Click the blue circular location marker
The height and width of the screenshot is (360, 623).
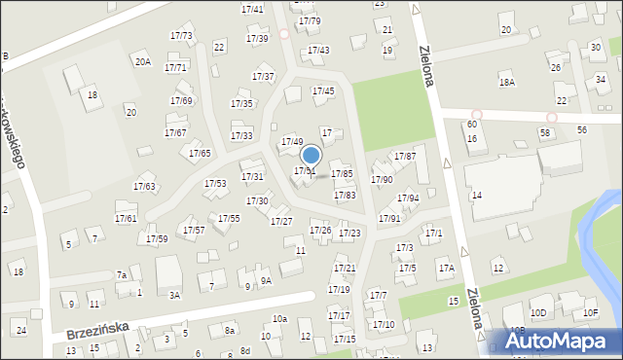point(311,155)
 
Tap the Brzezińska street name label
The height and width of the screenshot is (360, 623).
point(97,332)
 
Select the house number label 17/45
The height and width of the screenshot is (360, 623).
point(323,91)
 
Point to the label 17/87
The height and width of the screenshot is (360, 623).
point(404,157)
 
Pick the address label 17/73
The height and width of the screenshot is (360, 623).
point(181,37)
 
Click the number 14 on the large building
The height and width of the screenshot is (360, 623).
point(477,196)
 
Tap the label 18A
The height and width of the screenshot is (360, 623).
point(506,83)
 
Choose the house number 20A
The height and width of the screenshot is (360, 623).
point(143,61)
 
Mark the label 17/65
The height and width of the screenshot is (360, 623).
point(200,154)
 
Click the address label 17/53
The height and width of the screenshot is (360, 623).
point(214,184)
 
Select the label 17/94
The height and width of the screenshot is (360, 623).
point(407,198)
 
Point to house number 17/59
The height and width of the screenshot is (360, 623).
point(157,239)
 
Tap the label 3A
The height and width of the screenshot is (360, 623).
point(174,295)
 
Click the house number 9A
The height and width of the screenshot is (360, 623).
point(265,280)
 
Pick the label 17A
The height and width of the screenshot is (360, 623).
point(446,268)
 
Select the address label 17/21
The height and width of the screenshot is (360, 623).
point(345,269)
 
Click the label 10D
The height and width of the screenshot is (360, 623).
point(538,312)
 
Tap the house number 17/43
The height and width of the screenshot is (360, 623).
point(318,51)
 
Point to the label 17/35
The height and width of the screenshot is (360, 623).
point(241,104)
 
